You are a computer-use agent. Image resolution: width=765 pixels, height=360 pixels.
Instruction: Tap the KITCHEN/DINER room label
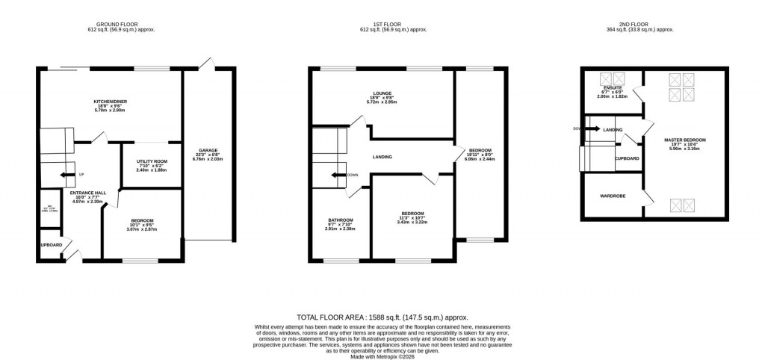[108, 101]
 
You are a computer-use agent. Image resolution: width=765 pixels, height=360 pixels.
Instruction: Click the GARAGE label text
[208, 149]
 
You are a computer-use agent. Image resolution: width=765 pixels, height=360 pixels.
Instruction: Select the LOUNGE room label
[382, 93]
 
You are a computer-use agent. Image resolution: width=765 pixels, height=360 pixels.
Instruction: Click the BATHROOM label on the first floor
[340, 220]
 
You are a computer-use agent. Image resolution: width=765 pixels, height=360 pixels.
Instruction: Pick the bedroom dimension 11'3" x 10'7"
[412, 217]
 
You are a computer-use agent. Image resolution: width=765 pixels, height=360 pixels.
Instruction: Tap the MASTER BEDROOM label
[684, 140]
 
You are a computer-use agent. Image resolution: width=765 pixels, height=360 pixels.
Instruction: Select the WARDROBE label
[613, 196]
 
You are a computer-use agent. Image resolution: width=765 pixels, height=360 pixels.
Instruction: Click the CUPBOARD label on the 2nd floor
[627, 158]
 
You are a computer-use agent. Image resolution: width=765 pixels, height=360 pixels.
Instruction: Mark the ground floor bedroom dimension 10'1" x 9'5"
[143, 225]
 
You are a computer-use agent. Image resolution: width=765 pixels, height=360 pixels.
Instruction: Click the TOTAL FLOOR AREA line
[382, 317]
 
